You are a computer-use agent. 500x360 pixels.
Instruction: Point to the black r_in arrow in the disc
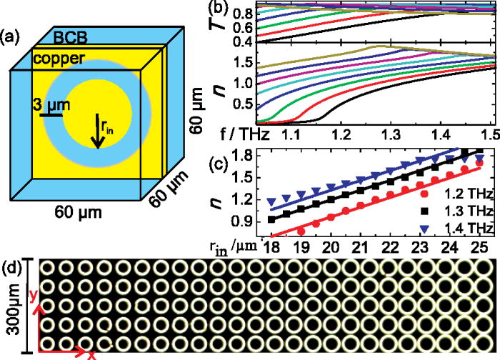pyautogui.click(x=98, y=133)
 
